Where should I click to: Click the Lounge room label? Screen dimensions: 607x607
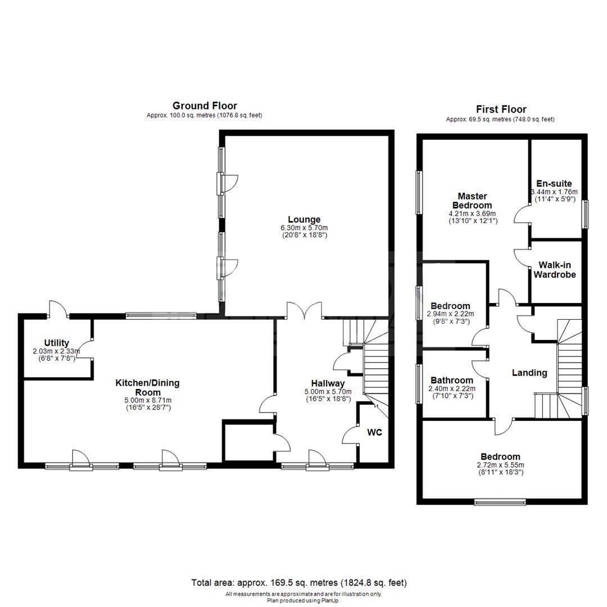(x=304, y=220)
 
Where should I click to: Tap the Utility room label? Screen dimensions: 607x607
(x=57, y=343)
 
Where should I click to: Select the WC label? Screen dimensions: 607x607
(x=374, y=432)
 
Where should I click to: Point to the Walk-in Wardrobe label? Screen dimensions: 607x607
(x=554, y=270)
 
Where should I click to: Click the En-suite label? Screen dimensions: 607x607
(x=554, y=183)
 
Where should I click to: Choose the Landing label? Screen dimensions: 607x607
(x=529, y=373)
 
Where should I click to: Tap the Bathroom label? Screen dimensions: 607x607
(x=452, y=380)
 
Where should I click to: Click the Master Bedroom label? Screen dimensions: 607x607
(x=472, y=201)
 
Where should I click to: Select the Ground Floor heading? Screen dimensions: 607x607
(x=205, y=106)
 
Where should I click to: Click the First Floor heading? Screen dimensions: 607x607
(x=501, y=109)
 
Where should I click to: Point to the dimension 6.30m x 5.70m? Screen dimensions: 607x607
(x=304, y=228)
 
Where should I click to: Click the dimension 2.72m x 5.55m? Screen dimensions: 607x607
(x=501, y=465)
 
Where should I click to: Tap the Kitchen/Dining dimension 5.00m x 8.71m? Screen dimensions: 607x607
(x=148, y=400)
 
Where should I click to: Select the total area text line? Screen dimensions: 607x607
(x=299, y=583)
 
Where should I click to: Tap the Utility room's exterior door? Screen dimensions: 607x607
(x=58, y=309)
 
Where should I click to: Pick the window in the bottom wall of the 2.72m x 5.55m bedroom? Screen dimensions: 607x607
(x=500, y=502)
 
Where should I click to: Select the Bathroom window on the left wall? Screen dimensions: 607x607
(x=419, y=384)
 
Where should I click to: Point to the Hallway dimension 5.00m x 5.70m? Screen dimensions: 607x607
(x=328, y=392)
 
